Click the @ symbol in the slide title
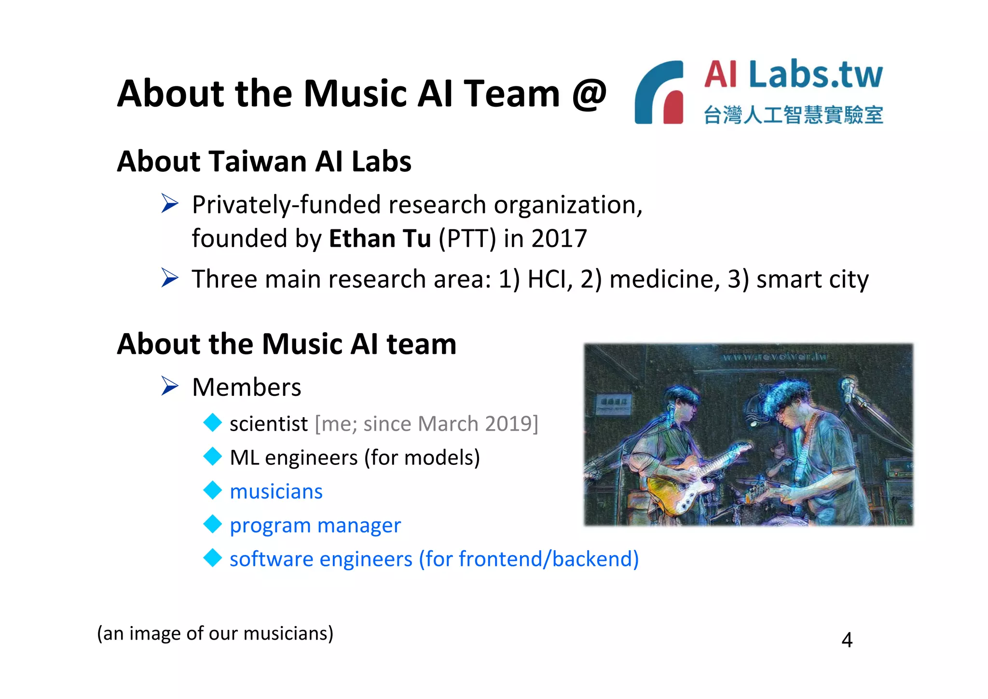(x=589, y=94)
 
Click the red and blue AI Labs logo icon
(x=659, y=92)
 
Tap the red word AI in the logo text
(x=721, y=74)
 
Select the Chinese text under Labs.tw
(x=793, y=115)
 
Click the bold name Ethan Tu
(x=380, y=238)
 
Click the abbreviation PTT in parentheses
(x=467, y=238)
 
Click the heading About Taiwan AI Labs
(x=264, y=161)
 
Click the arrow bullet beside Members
(x=170, y=386)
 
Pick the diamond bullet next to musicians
(x=212, y=490)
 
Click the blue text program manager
(x=315, y=525)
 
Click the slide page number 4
(x=847, y=640)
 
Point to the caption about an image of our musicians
(x=215, y=633)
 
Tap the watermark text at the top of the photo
(x=774, y=357)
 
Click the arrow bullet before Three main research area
(x=170, y=278)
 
